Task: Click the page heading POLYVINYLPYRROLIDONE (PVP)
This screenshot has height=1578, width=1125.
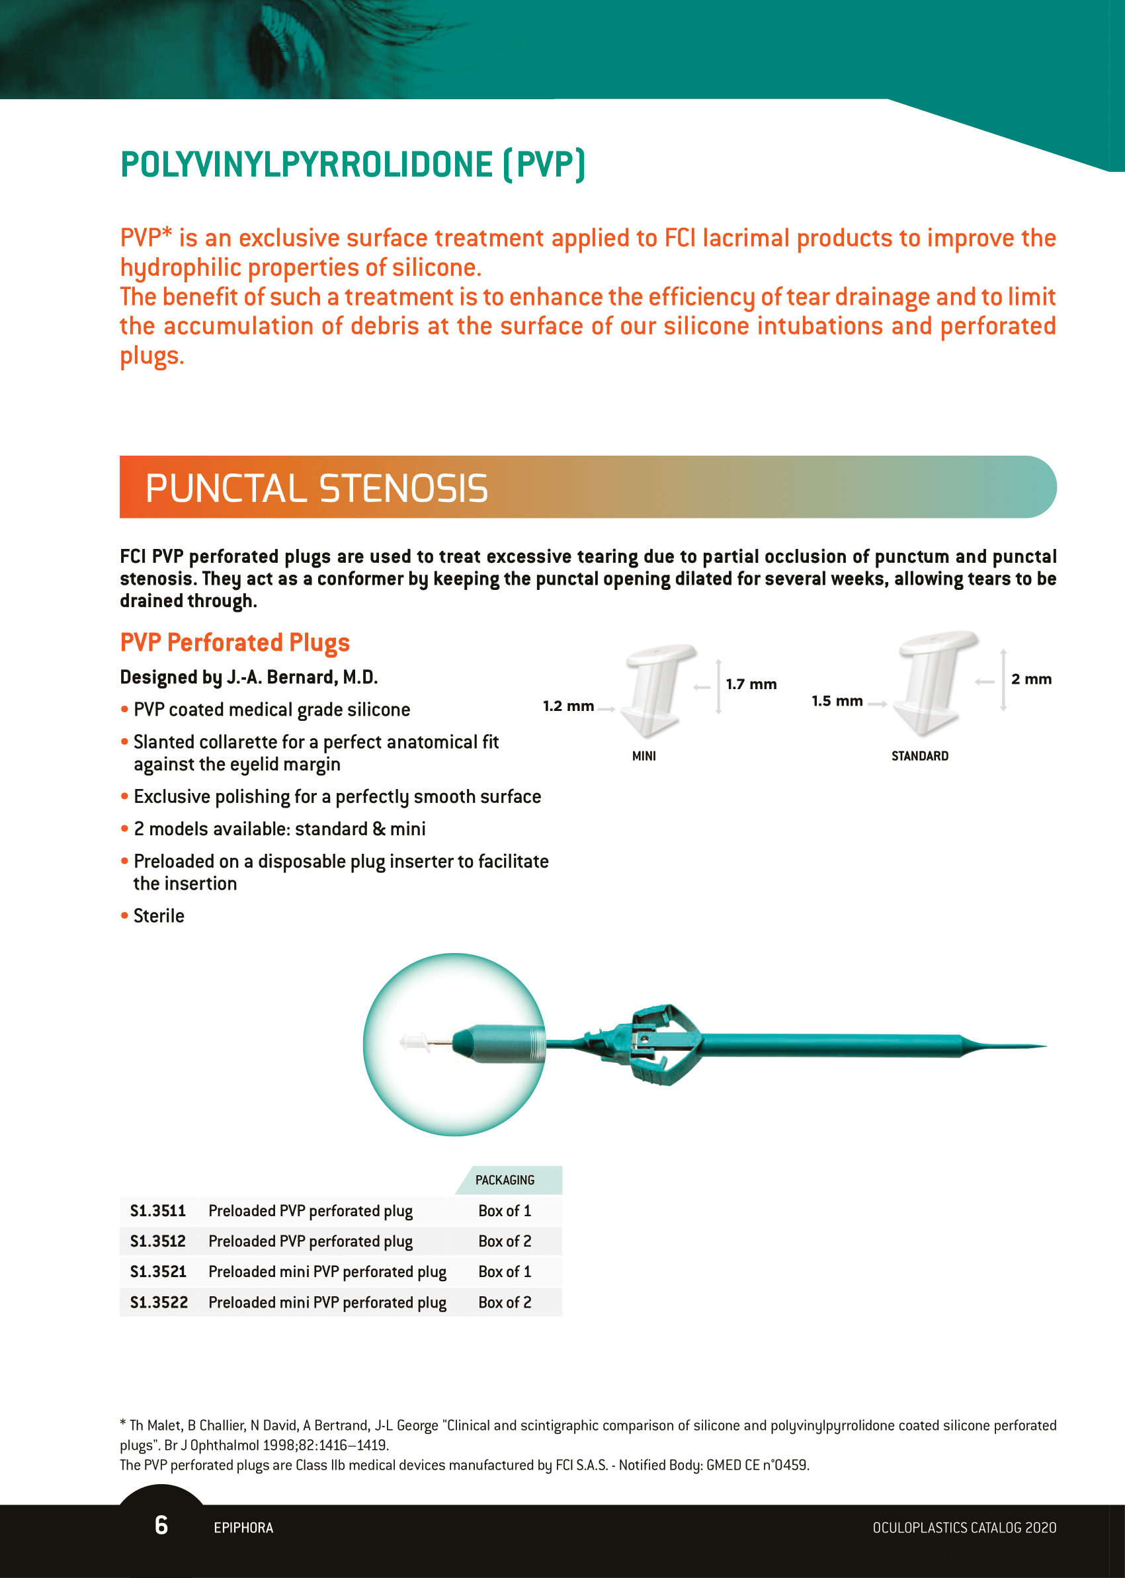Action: [x=353, y=165]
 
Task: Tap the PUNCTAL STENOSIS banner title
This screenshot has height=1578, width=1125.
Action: [x=317, y=487]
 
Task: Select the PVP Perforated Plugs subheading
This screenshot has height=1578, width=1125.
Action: [x=235, y=642]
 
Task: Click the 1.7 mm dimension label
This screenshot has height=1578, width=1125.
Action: [x=751, y=685]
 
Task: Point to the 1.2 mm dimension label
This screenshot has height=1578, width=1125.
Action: [x=568, y=706]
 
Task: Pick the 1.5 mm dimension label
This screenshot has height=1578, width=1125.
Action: [x=837, y=701]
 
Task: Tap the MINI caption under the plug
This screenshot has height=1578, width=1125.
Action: [x=644, y=756]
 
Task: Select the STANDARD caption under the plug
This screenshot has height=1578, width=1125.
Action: [x=919, y=756]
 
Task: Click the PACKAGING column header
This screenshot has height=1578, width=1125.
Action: [x=505, y=1180]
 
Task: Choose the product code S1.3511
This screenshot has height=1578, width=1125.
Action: [x=158, y=1211]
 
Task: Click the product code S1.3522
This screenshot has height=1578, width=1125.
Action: [x=159, y=1302]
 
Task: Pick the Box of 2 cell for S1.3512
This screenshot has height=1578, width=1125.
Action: [x=505, y=1241]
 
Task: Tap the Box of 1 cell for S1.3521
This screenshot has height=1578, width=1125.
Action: [x=505, y=1272]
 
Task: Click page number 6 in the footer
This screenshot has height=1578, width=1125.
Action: [x=161, y=1524]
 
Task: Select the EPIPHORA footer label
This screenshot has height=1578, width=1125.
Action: [x=243, y=1528]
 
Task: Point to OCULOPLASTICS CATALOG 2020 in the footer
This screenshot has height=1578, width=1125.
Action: [x=964, y=1528]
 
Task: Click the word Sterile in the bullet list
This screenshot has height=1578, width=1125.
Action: [x=159, y=916]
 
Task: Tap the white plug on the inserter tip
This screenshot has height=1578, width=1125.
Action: [x=415, y=1041]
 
